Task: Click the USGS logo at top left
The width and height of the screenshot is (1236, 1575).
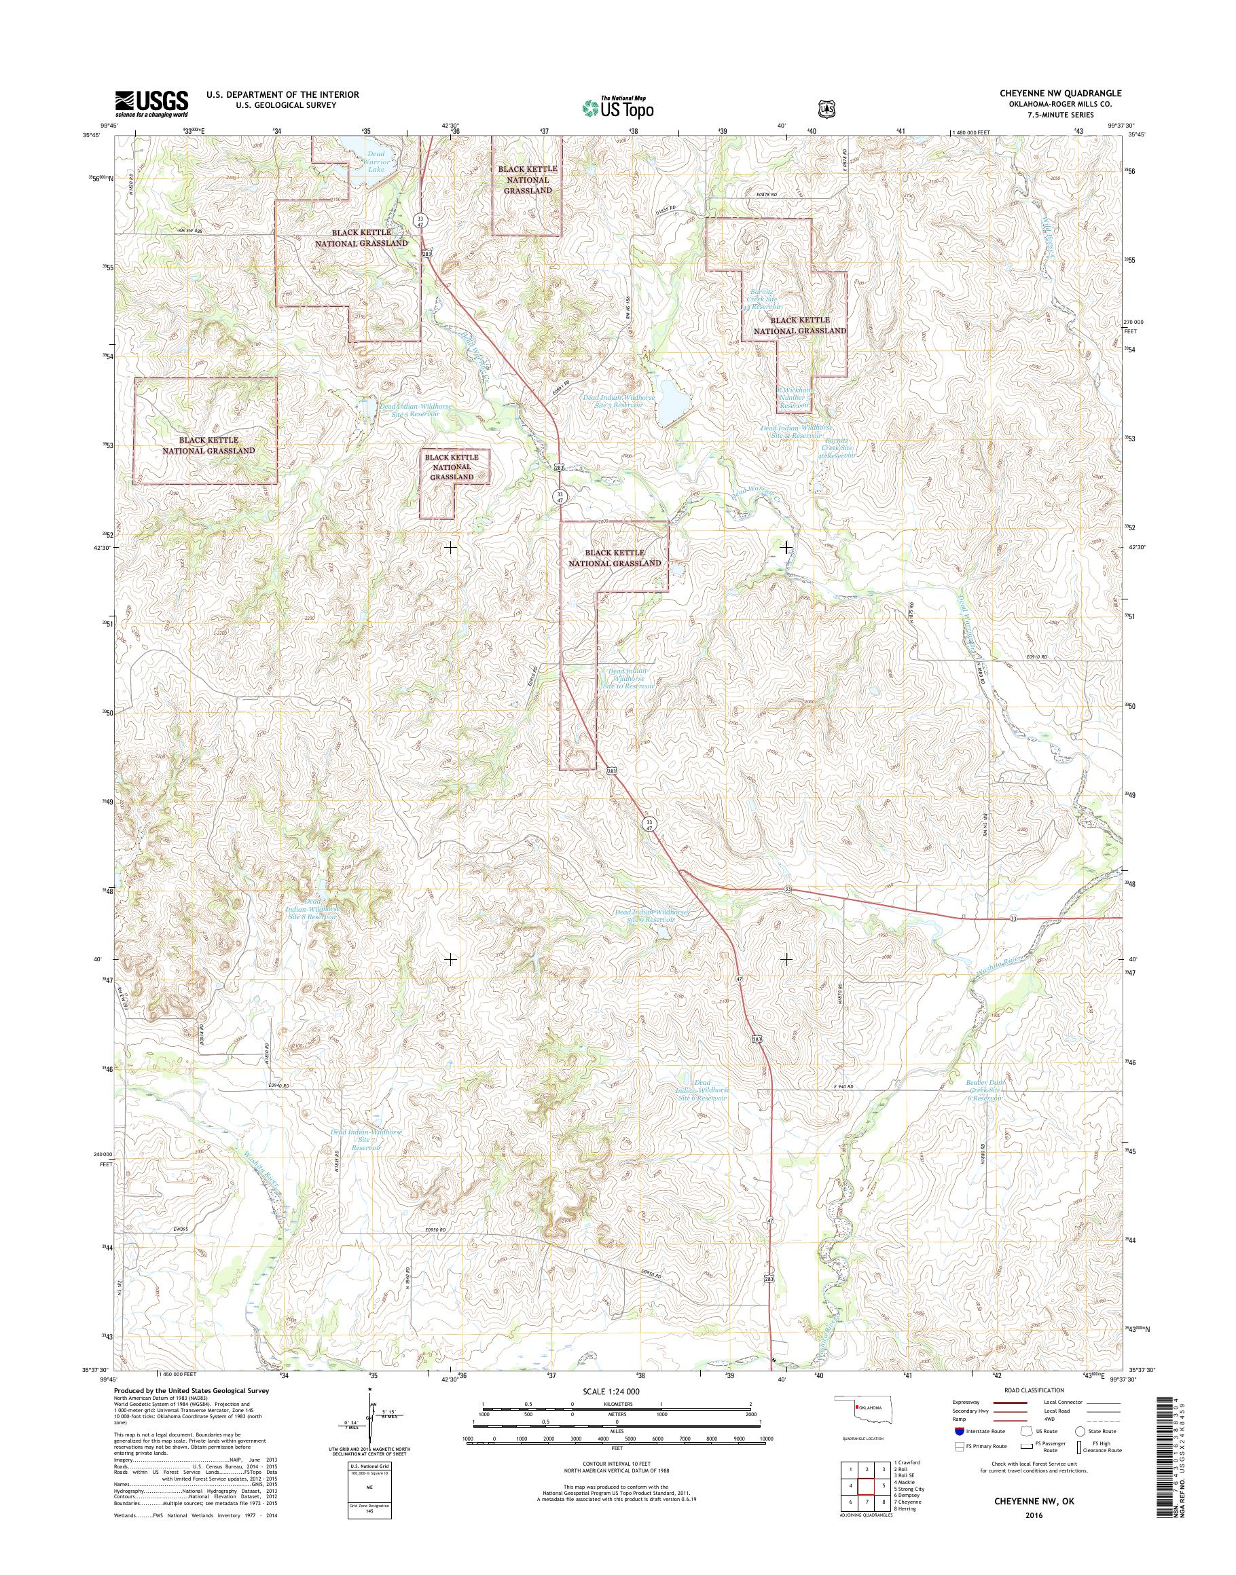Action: [151, 103]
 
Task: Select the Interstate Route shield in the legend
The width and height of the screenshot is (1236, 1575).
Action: [959, 1431]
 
